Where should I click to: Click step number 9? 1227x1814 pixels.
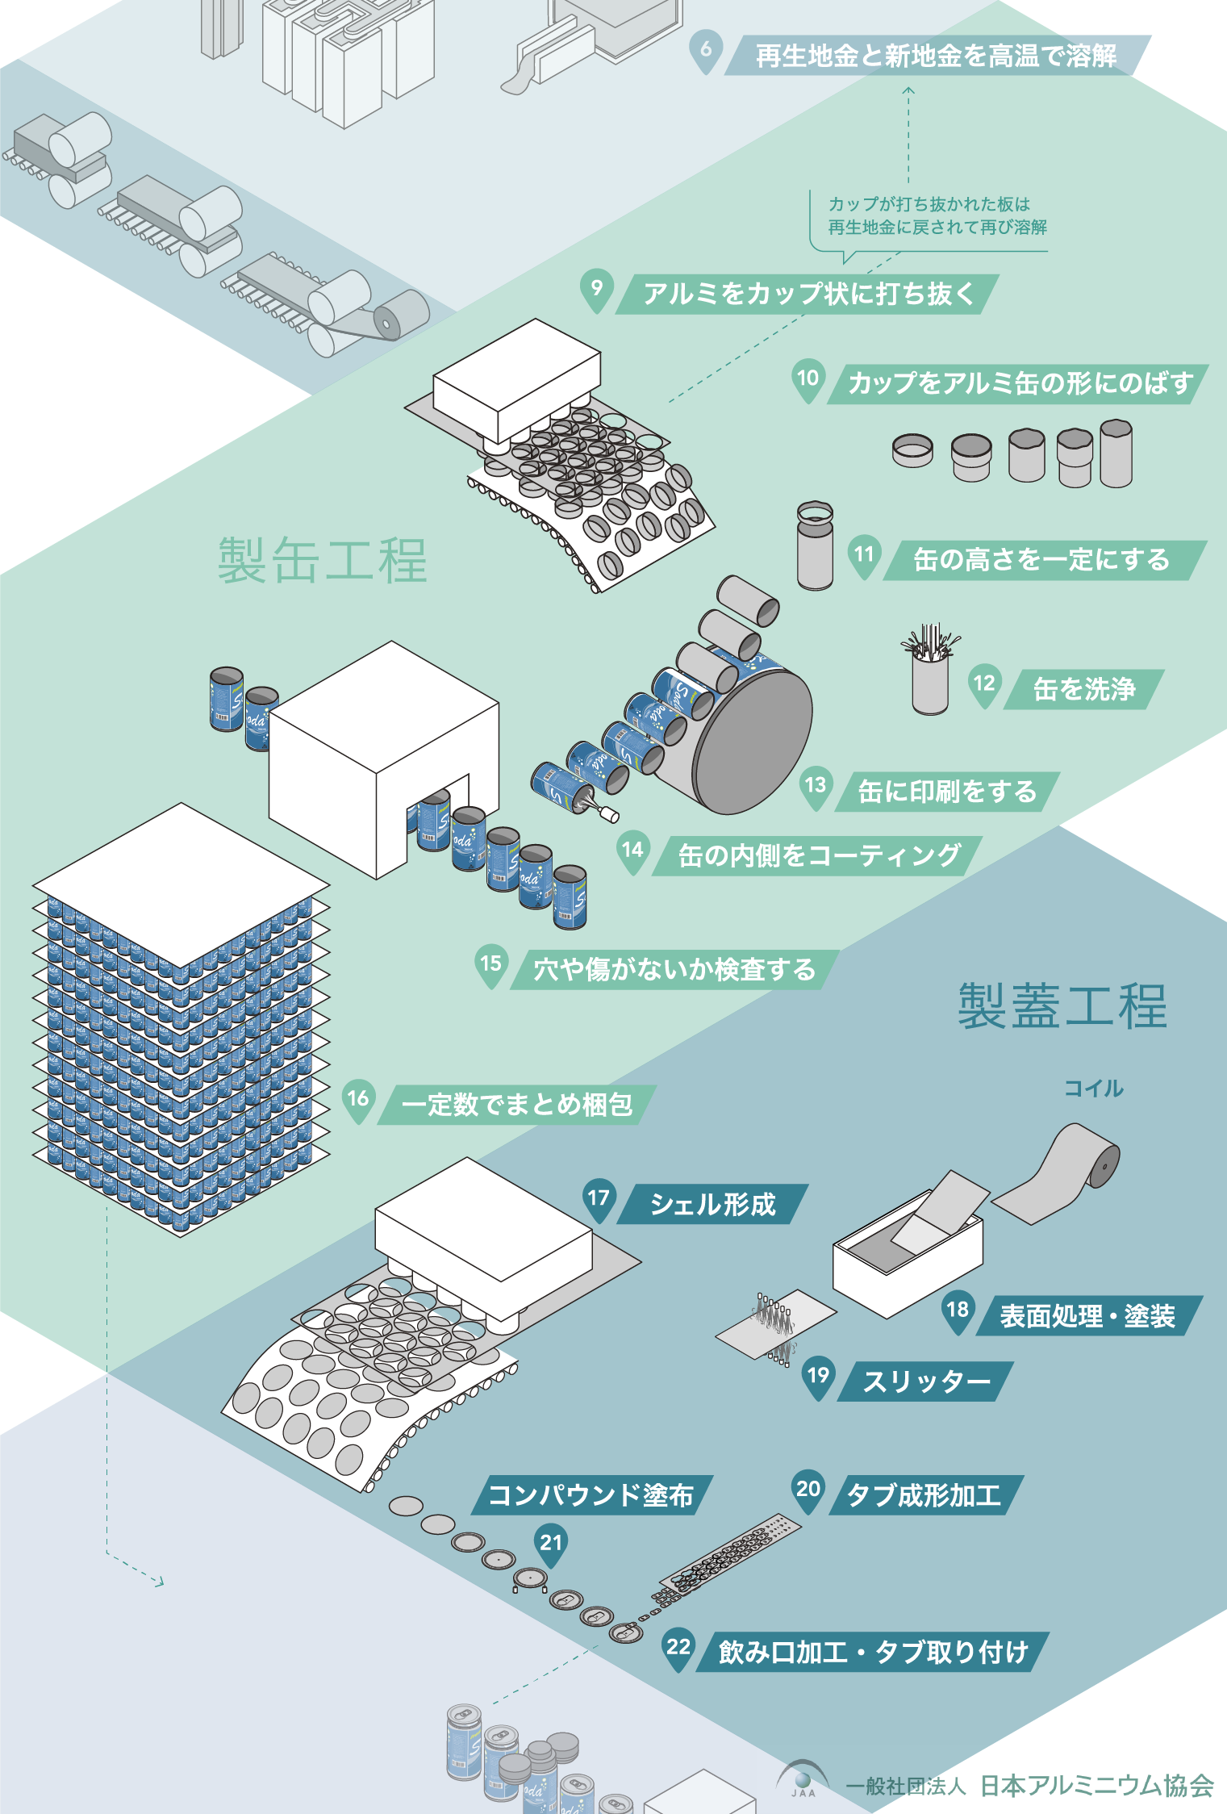(x=597, y=288)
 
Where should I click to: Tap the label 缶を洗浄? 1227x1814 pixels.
(x=1084, y=689)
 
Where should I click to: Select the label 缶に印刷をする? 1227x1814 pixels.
(x=947, y=792)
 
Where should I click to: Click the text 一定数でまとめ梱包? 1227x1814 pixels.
(x=517, y=1104)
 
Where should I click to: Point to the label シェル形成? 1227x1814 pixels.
(x=712, y=1204)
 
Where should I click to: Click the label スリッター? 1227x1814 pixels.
(x=926, y=1381)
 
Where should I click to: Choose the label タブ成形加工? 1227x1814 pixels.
(x=924, y=1495)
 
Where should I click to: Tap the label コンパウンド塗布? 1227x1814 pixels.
(x=591, y=1495)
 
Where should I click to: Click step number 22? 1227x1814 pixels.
(x=678, y=1647)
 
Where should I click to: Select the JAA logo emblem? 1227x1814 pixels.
(x=803, y=1780)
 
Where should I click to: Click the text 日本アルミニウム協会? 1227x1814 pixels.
(x=1097, y=1786)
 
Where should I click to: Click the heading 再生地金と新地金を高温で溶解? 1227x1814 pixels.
(x=936, y=56)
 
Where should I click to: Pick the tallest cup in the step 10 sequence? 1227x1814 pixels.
(x=1116, y=453)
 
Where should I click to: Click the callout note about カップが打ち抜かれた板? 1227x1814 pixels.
(x=937, y=216)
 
